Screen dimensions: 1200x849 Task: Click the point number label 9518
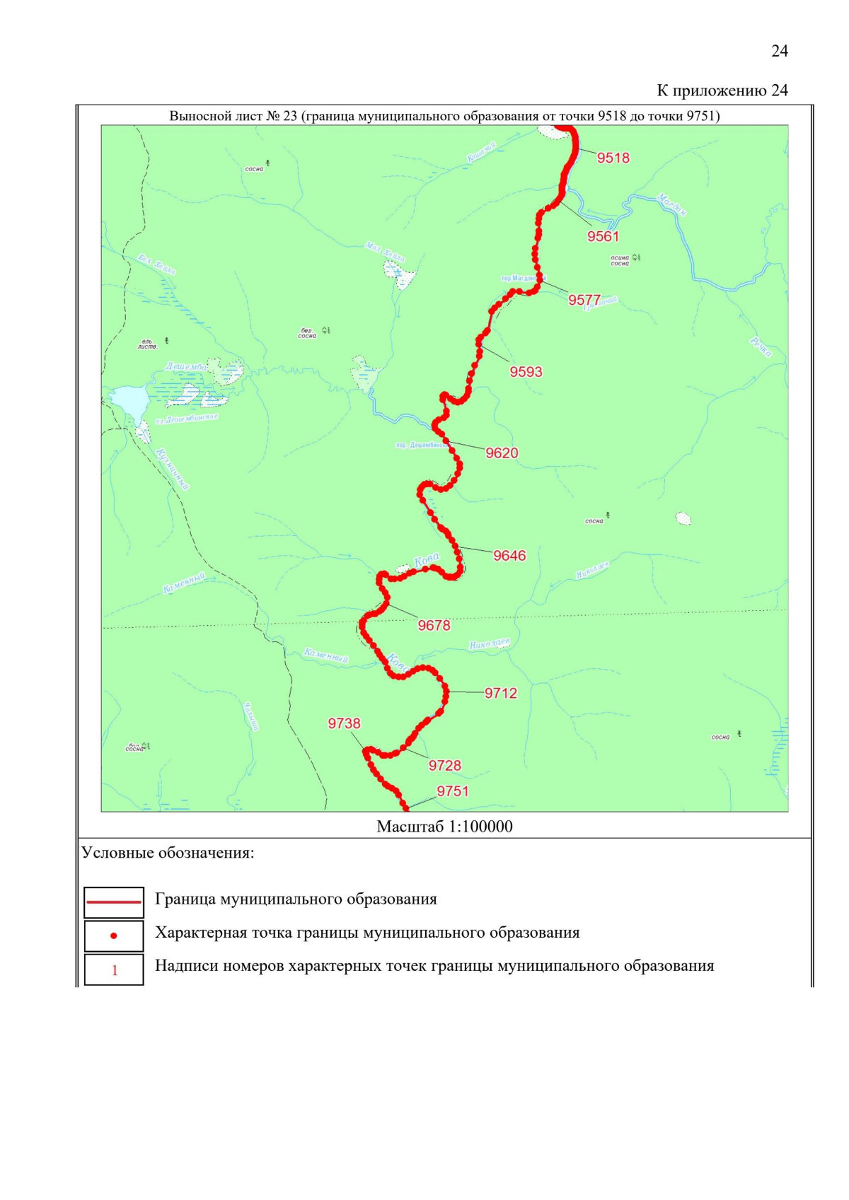click(x=613, y=158)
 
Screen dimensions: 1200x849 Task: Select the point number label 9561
click(x=603, y=236)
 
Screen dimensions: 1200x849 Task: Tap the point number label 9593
click(x=526, y=372)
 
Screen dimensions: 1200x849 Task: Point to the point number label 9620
click(x=502, y=453)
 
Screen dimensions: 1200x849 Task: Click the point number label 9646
click(x=509, y=556)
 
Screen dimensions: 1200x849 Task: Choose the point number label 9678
click(x=434, y=625)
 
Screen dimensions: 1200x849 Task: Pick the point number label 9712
click(x=500, y=693)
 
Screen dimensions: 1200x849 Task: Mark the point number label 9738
click(x=344, y=723)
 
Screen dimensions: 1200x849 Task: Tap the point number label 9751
click(x=452, y=791)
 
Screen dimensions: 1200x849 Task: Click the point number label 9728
click(x=444, y=765)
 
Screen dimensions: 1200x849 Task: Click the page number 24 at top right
click(x=779, y=51)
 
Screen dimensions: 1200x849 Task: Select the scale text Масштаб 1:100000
click(x=444, y=827)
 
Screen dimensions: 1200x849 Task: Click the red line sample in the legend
click(x=114, y=902)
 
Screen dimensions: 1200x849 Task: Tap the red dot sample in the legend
click(x=114, y=936)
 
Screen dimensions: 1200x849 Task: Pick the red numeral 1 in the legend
click(x=115, y=970)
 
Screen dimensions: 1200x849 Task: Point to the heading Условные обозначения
click(x=168, y=853)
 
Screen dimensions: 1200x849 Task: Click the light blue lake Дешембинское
click(x=128, y=402)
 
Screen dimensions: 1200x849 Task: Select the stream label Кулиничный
click(x=173, y=468)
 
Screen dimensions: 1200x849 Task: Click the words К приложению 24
click(x=722, y=91)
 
